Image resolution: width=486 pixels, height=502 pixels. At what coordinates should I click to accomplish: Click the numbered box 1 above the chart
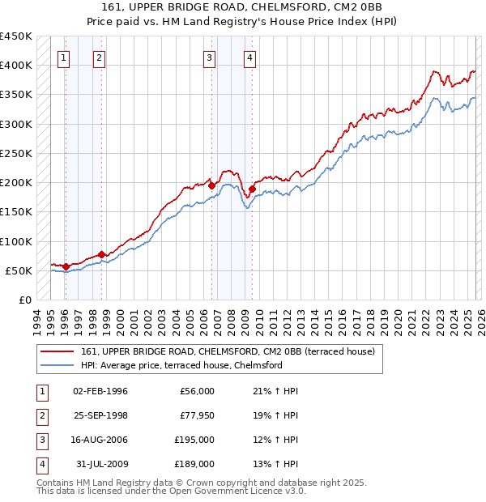point(63,57)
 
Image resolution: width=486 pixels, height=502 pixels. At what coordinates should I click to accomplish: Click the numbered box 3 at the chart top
point(209,57)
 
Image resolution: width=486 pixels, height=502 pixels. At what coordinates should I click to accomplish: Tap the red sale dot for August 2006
point(212,185)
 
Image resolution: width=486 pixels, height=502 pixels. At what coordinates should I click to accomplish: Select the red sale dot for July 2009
point(253,189)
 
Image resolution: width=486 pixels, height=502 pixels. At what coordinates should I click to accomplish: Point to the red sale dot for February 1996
point(66,266)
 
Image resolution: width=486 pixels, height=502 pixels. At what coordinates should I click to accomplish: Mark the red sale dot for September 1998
point(102,254)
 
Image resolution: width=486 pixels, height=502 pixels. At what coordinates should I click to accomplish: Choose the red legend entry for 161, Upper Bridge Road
point(228,352)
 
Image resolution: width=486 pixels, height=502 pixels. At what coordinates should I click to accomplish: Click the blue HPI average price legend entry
point(181,366)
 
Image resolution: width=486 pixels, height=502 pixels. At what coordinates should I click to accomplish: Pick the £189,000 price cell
point(195,465)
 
